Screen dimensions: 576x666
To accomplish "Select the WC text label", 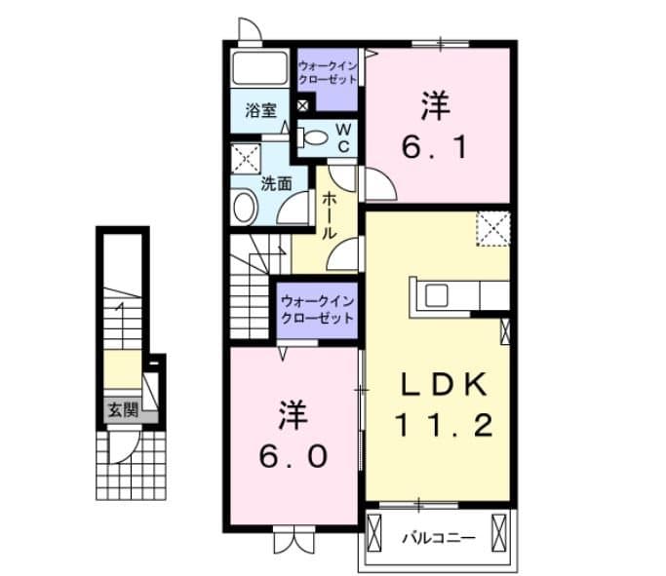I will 344,136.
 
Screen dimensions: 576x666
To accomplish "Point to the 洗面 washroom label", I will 276,182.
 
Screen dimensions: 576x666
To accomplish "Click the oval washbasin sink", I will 244,208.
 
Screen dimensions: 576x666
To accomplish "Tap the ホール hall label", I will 329,214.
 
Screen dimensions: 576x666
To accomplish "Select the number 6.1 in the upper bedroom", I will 437,146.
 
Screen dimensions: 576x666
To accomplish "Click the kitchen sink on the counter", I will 434,294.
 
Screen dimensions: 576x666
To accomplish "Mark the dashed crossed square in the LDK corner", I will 493,229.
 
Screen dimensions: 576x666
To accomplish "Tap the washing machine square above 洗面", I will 246,157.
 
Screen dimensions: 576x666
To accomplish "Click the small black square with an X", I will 302,105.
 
